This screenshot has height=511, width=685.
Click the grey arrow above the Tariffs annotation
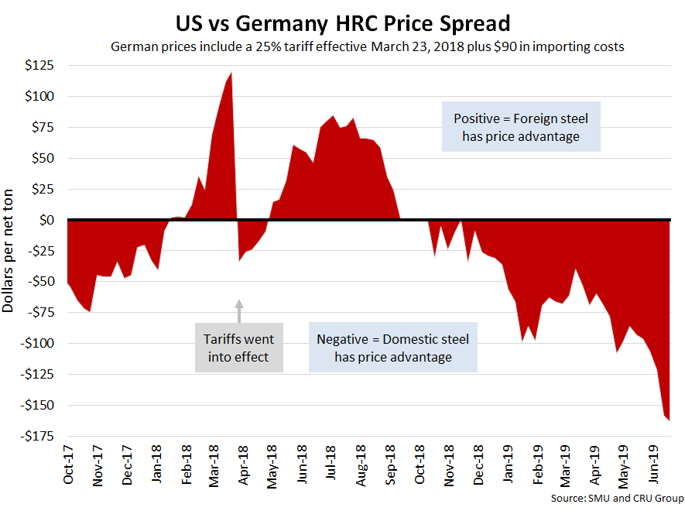[239, 310]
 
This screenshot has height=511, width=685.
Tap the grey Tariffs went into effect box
[238, 348]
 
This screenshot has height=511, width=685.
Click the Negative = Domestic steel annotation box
[392, 348]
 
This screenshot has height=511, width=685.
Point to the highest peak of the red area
[231, 73]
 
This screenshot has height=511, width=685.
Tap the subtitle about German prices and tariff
[368, 46]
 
